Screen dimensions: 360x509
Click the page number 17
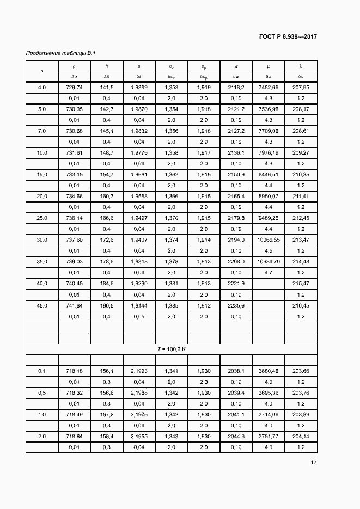[x=313, y=463]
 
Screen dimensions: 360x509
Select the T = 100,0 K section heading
[x=172, y=349]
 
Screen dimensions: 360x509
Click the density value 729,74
[x=74, y=88]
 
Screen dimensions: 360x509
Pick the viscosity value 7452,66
[x=268, y=88]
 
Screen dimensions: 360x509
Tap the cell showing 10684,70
[x=268, y=262]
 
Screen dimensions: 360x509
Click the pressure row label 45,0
[x=42, y=305]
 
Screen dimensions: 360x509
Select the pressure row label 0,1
[x=42, y=371]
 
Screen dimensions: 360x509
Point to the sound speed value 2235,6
[x=236, y=305]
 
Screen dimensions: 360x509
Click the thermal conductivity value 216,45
[x=301, y=305]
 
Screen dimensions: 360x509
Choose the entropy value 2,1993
[x=139, y=371]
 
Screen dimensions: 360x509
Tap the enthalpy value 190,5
[x=107, y=305]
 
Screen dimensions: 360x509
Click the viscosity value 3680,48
[x=268, y=371]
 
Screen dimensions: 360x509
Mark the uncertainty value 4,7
[x=268, y=272]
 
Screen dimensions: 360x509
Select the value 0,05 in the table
[x=139, y=316]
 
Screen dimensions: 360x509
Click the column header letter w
[x=236, y=66]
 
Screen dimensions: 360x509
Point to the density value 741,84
[x=74, y=305]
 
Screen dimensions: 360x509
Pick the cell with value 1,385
[x=171, y=305]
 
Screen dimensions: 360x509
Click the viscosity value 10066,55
[x=268, y=240]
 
